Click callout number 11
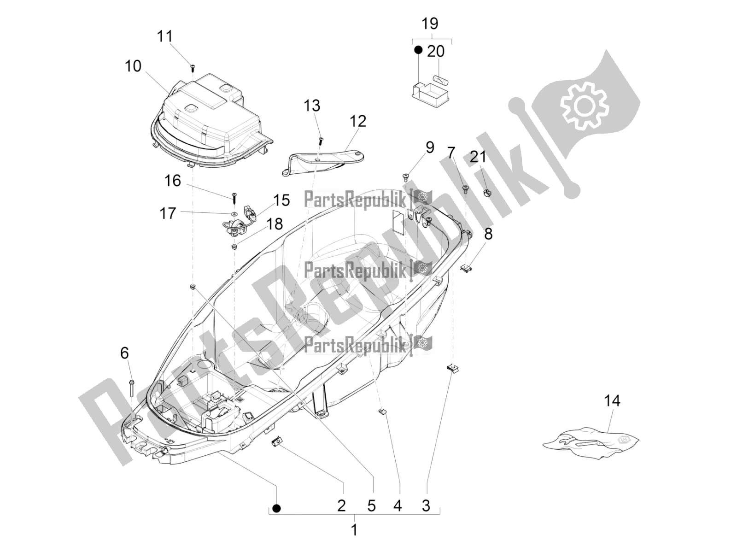point(165,36)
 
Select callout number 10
point(133,66)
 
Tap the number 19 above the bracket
point(430,24)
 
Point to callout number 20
point(436,51)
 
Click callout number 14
point(613,400)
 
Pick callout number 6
point(124,353)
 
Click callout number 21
point(478,157)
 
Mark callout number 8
point(488,234)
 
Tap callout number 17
point(168,213)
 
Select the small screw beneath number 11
point(193,68)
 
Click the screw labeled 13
point(321,140)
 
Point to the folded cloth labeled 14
point(591,442)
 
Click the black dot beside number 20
point(418,50)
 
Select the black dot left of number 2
point(276,518)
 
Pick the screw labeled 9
point(406,176)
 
